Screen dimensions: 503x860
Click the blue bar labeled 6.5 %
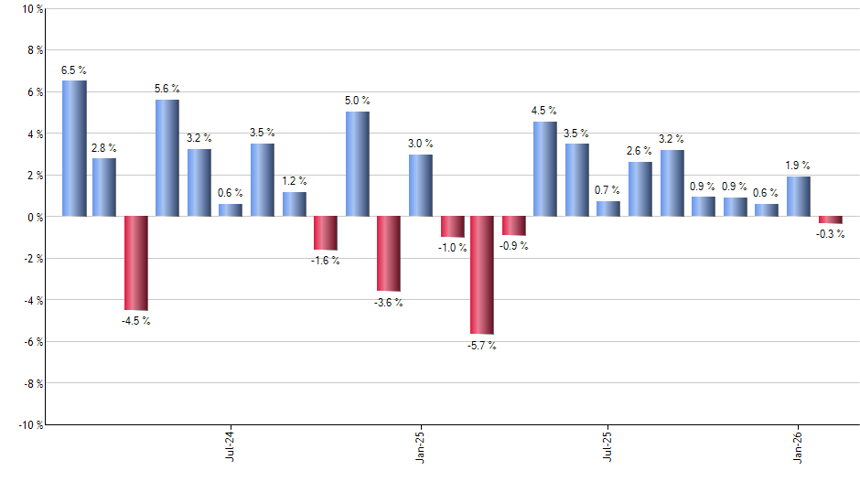pyautogui.click(x=74, y=148)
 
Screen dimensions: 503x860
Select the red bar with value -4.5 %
pyautogui.click(x=136, y=263)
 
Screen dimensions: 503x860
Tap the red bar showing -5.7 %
pyautogui.click(x=482, y=275)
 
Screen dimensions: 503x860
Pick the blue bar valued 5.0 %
pyautogui.click(x=357, y=164)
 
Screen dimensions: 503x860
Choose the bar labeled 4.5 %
pyautogui.click(x=544, y=169)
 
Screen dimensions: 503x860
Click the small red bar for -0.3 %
pyautogui.click(x=830, y=219)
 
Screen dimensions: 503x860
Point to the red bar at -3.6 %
pyautogui.click(x=388, y=253)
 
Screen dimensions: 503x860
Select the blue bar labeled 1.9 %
pyautogui.click(x=798, y=197)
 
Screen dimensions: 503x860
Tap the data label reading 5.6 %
pyautogui.click(x=167, y=89)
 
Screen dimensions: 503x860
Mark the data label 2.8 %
pyautogui.click(x=104, y=147)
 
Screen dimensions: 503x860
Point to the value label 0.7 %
pyautogui.click(x=607, y=190)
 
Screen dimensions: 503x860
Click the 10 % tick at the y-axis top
pyautogui.click(x=30, y=9)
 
